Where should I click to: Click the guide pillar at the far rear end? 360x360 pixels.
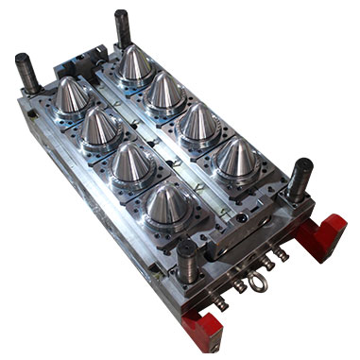pos(122,28)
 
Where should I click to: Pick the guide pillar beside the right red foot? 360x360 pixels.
pos(300,179)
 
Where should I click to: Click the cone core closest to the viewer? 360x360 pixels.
pos(166,208)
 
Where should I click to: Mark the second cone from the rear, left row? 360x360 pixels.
pos(99,129)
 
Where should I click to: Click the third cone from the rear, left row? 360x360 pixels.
pos(131,164)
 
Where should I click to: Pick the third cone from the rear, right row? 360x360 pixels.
pos(199,123)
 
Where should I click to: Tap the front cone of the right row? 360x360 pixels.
pos(236,159)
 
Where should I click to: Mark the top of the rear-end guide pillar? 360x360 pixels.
pos(121,14)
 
